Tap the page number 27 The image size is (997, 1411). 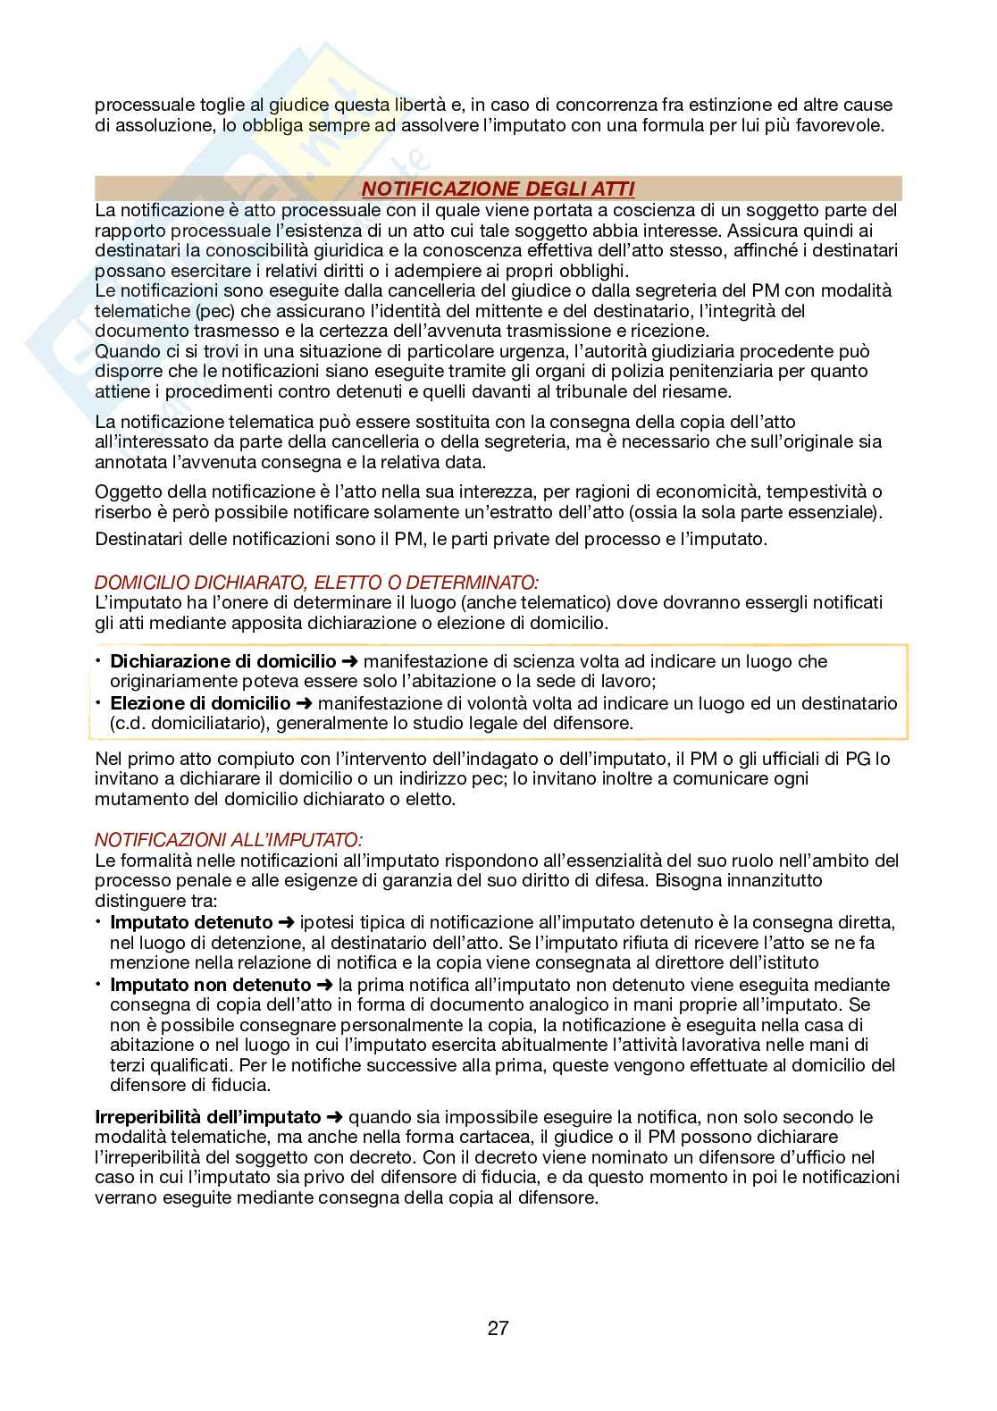[498, 1328]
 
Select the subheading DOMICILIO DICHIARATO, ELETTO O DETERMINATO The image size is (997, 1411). [317, 584]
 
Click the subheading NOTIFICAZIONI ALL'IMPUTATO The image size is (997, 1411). [229, 840]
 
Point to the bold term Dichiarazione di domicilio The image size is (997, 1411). [222, 661]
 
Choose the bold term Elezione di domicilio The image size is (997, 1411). [200, 703]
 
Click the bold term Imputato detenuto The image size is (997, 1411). [191, 921]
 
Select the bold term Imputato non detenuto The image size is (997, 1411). [210, 985]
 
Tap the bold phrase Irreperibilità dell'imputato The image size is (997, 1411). [208, 1116]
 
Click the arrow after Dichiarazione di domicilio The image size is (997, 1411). [350, 661]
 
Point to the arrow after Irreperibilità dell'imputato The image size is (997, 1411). [334, 1116]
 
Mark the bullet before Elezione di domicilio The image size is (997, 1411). [99, 703]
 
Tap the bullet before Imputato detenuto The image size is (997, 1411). [99, 921]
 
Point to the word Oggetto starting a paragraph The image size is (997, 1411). [127, 491]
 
